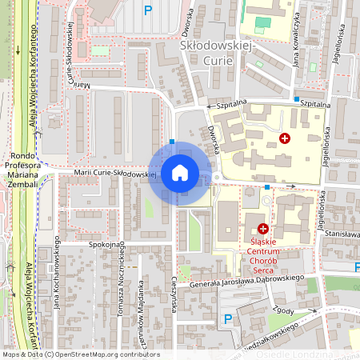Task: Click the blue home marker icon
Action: [179, 173]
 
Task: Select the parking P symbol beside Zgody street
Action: [228, 319]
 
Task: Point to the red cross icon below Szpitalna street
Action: [284, 138]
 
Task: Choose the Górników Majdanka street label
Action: [141, 305]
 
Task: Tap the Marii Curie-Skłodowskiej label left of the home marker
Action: [113, 172]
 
